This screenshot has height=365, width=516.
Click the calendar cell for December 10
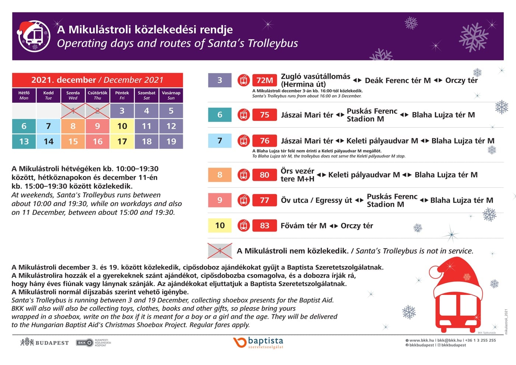(122, 126)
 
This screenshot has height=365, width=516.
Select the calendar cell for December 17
(122, 142)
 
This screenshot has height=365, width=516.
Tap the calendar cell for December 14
(48, 142)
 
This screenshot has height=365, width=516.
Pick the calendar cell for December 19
(171, 142)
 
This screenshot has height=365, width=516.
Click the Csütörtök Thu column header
(97, 95)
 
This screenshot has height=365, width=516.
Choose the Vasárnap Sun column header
(171, 95)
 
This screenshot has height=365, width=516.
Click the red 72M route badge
(265, 80)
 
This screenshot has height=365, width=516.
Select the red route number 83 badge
(265, 226)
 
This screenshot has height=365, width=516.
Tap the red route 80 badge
(265, 175)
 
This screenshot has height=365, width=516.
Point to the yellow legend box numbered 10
(220, 226)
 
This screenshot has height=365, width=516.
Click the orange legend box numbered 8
(220, 175)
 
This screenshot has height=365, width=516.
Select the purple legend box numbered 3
(220, 80)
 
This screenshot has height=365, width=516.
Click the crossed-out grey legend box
(220, 251)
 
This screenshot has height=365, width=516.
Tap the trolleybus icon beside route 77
(244, 200)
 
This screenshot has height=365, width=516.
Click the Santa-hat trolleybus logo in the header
(34, 36)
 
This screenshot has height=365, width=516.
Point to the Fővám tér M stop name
(303, 226)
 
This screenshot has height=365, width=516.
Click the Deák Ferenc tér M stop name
(398, 80)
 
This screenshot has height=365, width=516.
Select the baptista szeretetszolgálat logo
(258, 343)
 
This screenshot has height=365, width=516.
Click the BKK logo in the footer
(84, 343)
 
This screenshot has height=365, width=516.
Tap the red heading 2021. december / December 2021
(97, 80)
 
